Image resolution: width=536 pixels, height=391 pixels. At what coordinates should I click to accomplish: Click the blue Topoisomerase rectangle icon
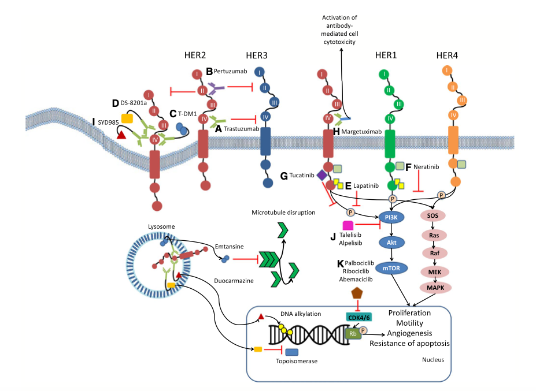pos(291,352)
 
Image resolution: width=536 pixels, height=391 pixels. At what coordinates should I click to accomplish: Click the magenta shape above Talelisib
pos(348,226)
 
